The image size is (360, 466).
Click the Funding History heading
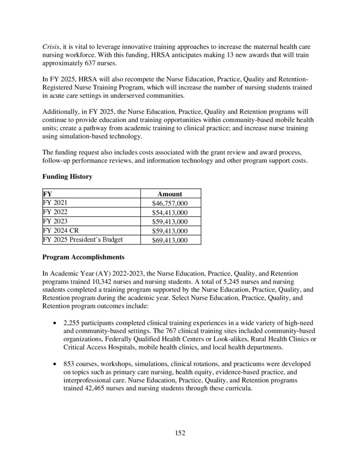pos(67,177)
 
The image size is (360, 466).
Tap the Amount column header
pos(170,193)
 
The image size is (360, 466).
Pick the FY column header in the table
pos(47,193)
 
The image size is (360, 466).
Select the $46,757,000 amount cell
pos(170,203)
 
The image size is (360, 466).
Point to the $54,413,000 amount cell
pos(170,213)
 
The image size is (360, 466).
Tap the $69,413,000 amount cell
pos(170,241)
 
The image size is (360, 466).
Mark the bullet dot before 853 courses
pos(55,365)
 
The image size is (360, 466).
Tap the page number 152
pos(180,433)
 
